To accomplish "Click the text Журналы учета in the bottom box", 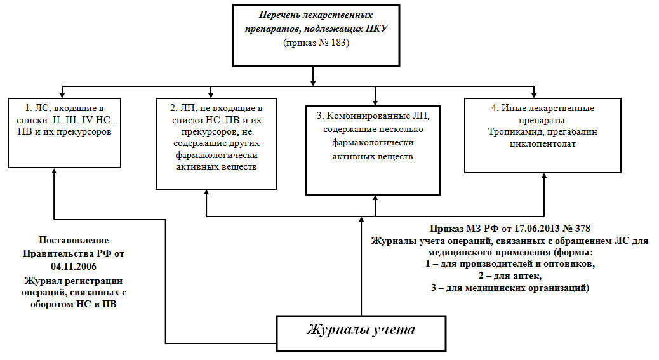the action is click(361, 330).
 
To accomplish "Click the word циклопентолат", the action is click(543, 144).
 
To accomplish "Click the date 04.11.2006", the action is click(74, 267).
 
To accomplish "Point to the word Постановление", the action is click(74, 240).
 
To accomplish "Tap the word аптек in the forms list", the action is click(528, 276).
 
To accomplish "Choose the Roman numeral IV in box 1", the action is click(88, 120).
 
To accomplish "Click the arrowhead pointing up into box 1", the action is click(54, 171).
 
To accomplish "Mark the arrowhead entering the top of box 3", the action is click(375, 102).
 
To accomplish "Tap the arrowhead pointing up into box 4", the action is click(544, 177).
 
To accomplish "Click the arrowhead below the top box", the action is click(313, 83).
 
